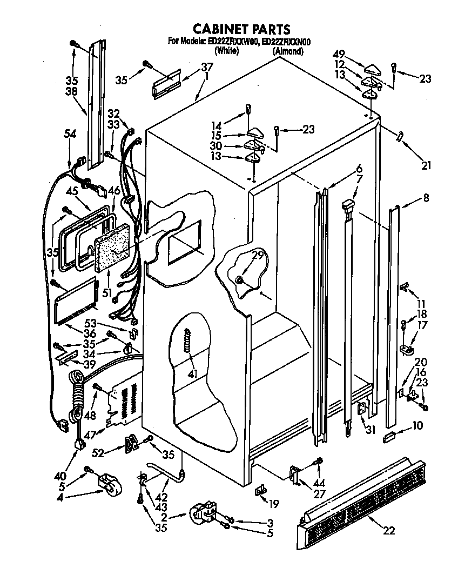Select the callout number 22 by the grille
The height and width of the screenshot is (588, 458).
(388, 531)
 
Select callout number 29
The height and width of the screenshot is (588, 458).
(257, 256)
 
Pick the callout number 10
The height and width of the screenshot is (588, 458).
(417, 426)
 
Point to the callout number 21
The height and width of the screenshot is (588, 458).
(426, 165)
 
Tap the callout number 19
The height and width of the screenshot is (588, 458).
(274, 504)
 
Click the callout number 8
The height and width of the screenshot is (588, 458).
(426, 198)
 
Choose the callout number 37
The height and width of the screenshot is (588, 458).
(192, 68)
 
